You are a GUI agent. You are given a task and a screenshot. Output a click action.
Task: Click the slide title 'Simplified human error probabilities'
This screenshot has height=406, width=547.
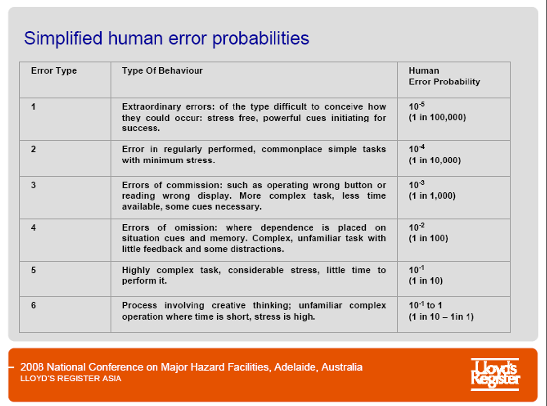coord(166,39)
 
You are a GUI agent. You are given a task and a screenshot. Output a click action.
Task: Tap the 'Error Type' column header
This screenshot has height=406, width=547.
coord(54,71)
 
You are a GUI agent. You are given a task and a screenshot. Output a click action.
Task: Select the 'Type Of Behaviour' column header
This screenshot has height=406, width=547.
coord(162,71)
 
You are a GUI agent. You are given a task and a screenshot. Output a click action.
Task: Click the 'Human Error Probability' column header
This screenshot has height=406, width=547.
coord(444,76)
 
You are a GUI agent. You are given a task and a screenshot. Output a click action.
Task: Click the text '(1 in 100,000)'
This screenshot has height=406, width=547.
coord(437,117)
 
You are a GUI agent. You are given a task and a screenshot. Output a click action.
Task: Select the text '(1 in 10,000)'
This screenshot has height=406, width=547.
coord(434,161)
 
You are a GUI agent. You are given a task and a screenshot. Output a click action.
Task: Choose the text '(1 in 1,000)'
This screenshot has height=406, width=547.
coord(432,196)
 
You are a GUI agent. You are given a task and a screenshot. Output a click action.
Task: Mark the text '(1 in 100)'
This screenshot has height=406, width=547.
coord(429,239)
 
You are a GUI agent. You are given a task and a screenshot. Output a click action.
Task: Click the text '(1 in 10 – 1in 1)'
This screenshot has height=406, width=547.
coord(441,317)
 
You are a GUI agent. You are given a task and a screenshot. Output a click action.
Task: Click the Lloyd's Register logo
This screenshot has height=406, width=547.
coord(495,374)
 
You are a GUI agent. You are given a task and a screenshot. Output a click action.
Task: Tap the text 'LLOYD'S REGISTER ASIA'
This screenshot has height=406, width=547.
coord(71,379)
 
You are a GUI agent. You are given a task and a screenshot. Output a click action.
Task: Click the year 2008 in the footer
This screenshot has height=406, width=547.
coord(32,367)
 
